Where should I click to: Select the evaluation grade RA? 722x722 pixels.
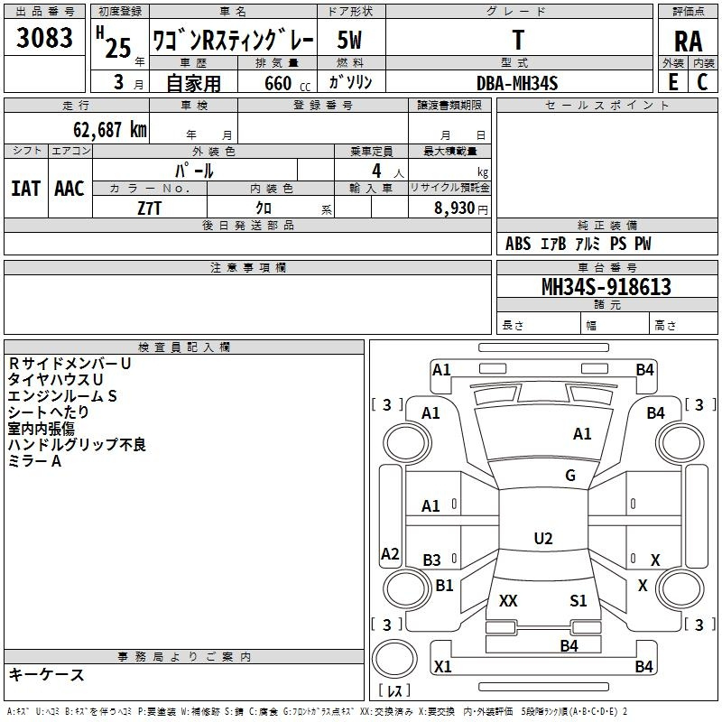pyautogui.click(x=688, y=41)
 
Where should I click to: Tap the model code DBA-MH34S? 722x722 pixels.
pyautogui.click(x=517, y=82)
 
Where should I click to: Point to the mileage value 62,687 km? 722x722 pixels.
pyautogui.click(x=105, y=129)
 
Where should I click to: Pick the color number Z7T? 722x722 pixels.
pyautogui.click(x=149, y=207)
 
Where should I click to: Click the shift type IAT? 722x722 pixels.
pyautogui.click(x=25, y=188)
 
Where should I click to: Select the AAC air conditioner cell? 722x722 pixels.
pyautogui.click(x=69, y=188)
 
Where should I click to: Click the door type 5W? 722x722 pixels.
pyautogui.click(x=350, y=41)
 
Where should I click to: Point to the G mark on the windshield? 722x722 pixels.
pyautogui.click(x=569, y=476)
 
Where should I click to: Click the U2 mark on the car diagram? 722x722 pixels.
pyautogui.click(x=542, y=539)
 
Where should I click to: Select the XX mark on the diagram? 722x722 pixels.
pyautogui.click(x=508, y=601)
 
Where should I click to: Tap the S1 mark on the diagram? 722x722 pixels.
pyautogui.click(x=578, y=601)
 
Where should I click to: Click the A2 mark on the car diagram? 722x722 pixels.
pyautogui.click(x=390, y=554)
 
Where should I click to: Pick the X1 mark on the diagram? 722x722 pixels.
pyautogui.click(x=442, y=667)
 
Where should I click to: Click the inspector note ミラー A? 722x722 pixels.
pyautogui.click(x=34, y=461)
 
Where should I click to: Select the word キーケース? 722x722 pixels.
pyautogui.click(x=46, y=675)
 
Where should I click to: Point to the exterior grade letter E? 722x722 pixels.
pyautogui.click(x=672, y=81)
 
